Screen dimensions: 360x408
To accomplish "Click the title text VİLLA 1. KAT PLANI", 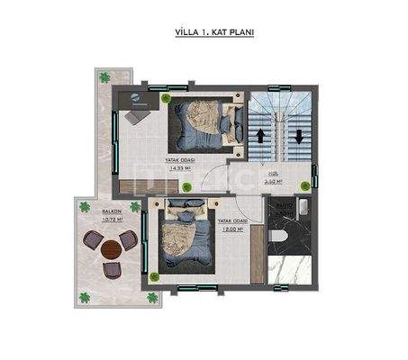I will pyautogui.click(x=213, y=32).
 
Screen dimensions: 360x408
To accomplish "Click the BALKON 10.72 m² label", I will pyautogui.click(x=113, y=216).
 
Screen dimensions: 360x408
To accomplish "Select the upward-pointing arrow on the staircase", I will pyautogui.click(x=262, y=138).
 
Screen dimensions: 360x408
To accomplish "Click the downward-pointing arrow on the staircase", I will pyautogui.click(x=297, y=138).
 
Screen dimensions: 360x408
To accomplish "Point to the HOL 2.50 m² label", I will pyautogui.click(x=274, y=178).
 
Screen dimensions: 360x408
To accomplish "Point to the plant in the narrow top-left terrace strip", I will pyautogui.click(x=104, y=76).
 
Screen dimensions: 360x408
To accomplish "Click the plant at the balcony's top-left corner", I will pyautogui.click(x=85, y=207).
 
